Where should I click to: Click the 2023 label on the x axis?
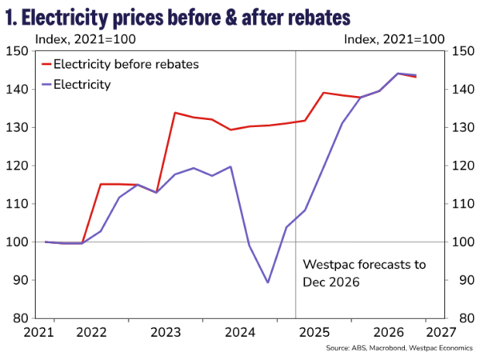(166, 331)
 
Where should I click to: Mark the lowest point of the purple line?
(267, 282)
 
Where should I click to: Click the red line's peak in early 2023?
(175, 113)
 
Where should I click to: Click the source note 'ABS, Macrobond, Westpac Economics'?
(406, 349)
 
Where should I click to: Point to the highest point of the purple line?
(398, 74)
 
